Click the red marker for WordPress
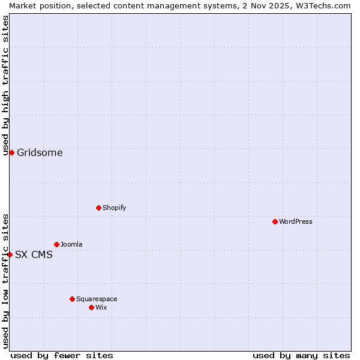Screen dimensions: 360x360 [275, 221]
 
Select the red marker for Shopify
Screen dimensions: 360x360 [98, 208]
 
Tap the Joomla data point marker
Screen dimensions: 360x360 [56, 244]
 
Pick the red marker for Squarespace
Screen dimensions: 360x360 [72, 299]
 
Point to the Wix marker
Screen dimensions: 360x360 [91, 307]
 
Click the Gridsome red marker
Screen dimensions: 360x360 [11, 152]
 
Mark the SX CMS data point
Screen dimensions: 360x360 [10, 254]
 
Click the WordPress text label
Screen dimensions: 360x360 [296, 221]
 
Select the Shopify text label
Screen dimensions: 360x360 [114, 208]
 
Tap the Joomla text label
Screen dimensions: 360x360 [71, 244]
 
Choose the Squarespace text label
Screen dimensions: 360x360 [97, 299]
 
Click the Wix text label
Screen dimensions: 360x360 [101, 307]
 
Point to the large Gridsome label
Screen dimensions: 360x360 [40, 152]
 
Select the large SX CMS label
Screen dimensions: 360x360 [34, 254]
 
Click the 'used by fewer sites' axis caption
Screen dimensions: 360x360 [62, 355]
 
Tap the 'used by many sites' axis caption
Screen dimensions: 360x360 [301, 355]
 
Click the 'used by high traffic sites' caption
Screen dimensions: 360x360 [5, 85]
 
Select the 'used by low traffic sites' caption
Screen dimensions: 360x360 [5, 281]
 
